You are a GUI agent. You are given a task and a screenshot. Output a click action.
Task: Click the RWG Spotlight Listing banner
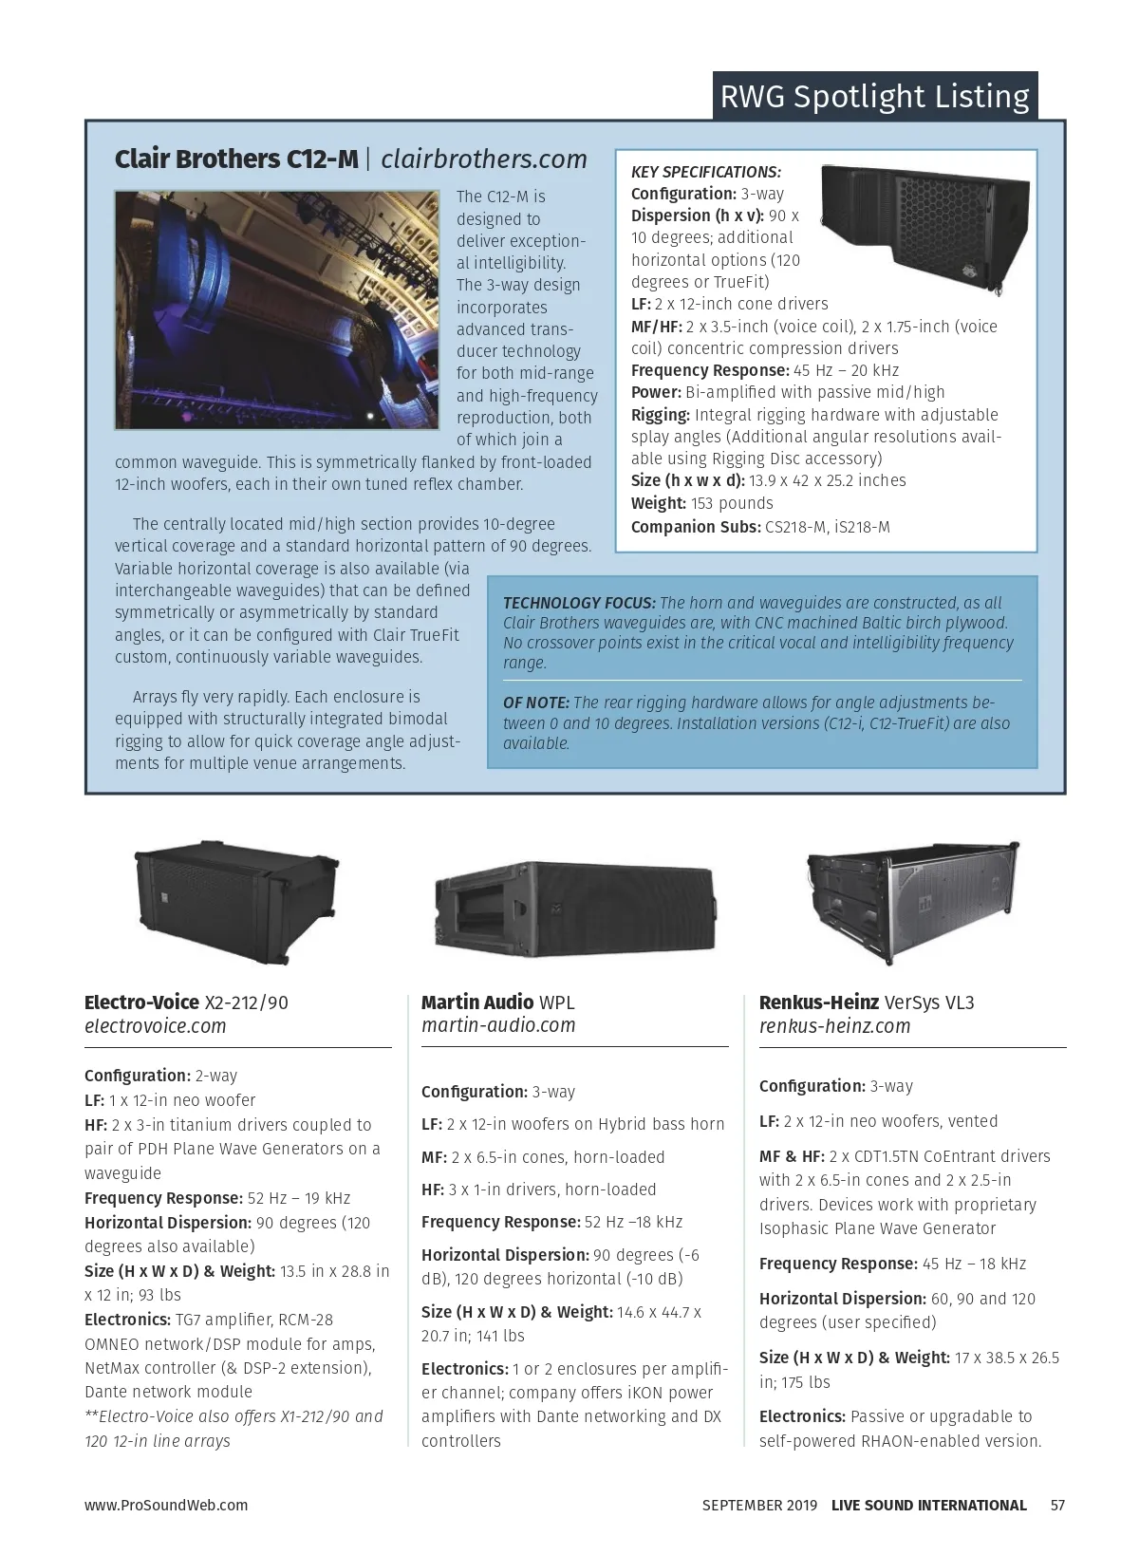click(874, 97)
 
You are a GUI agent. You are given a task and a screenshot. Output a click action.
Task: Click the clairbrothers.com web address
click(484, 159)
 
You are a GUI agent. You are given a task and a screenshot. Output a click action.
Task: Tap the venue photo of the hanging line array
click(277, 309)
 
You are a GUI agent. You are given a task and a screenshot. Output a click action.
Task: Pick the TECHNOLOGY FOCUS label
click(579, 603)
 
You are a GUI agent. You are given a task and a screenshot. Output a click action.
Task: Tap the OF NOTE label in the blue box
click(535, 703)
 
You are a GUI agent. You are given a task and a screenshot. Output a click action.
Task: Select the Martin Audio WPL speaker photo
click(574, 909)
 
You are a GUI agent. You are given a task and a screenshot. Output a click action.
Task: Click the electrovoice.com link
click(156, 1026)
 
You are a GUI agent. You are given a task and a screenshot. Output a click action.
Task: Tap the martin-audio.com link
click(498, 1025)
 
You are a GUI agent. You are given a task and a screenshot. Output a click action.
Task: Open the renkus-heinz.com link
click(834, 1026)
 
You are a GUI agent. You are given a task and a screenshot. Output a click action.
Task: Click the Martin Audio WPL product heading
click(497, 1002)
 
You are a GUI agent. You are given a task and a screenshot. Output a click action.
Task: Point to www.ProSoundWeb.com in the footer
click(166, 1505)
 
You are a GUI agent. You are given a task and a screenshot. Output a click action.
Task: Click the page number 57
click(1057, 1505)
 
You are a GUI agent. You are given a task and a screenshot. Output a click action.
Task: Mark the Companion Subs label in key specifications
click(696, 527)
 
